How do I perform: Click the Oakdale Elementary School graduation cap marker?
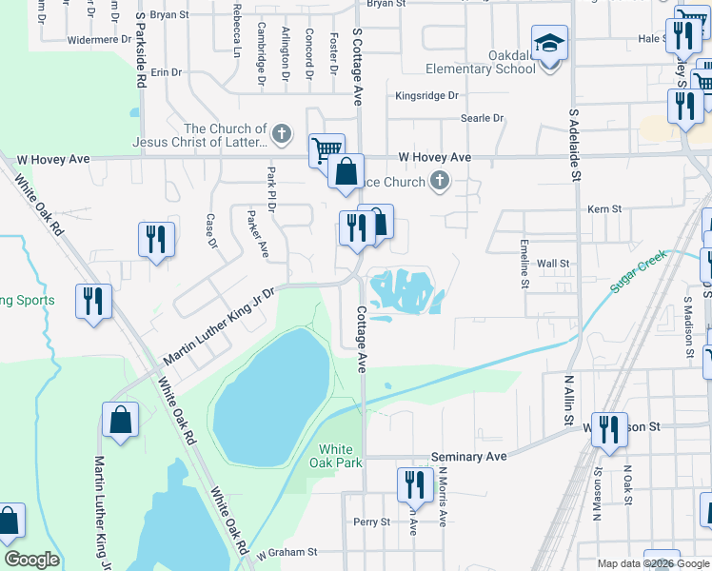tap(550, 45)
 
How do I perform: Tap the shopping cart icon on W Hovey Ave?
tap(326, 149)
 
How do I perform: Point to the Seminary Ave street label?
tap(469, 457)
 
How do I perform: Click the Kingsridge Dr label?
tap(426, 96)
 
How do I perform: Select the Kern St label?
tap(603, 208)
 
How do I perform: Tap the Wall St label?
tap(552, 264)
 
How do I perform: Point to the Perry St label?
tap(371, 522)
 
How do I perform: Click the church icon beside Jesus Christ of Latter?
tap(281, 135)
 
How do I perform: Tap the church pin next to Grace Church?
tap(439, 180)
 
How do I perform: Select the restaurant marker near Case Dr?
tap(156, 239)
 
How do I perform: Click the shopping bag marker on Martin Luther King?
tap(121, 420)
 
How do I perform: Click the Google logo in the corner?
tap(31, 560)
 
